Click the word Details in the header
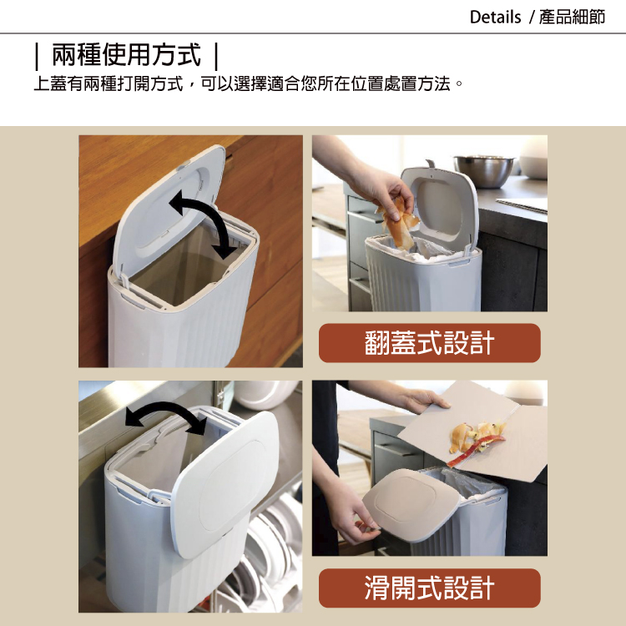point(495,18)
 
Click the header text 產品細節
point(572,18)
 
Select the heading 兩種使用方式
point(126,55)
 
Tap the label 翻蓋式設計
point(430,343)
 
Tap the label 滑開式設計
point(430,588)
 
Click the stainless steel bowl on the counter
point(484,170)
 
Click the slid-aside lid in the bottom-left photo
point(225,484)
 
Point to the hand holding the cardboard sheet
point(424,400)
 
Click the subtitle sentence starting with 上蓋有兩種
point(249,84)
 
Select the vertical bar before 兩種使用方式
point(37,56)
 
